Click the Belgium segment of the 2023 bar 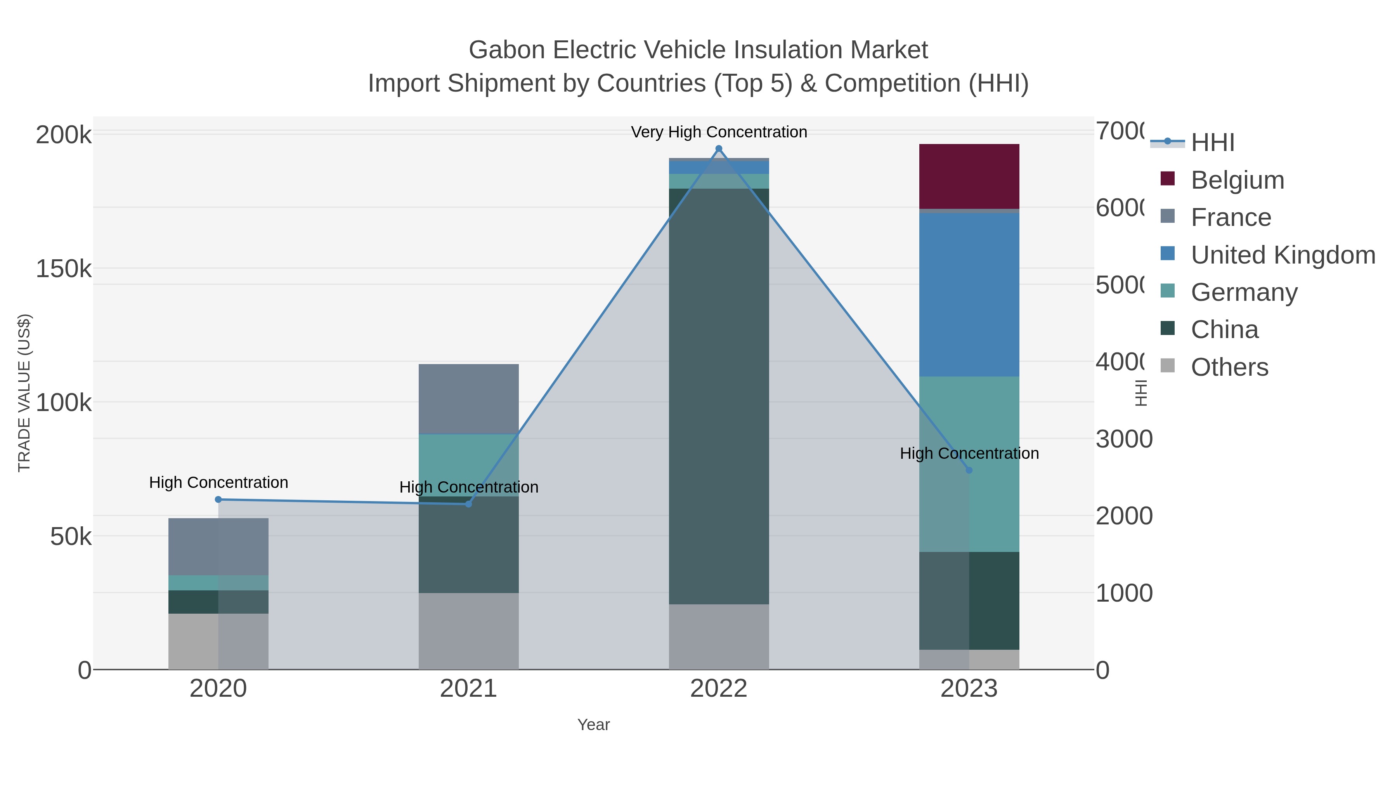coord(969,176)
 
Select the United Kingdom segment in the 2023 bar coord(969,295)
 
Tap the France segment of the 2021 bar coord(468,399)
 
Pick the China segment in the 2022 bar coord(719,396)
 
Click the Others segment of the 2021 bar coord(468,630)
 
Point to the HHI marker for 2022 coord(719,149)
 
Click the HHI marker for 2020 coord(218,499)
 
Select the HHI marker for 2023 coord(969,470)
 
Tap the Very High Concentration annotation coord(719,132)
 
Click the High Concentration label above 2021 coord(468,487)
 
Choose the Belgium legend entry coord(1237,180)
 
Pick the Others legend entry coord(1229,367)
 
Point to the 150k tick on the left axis coord(64,269)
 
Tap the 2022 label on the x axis coord(719,688)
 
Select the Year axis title coord(593,724)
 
